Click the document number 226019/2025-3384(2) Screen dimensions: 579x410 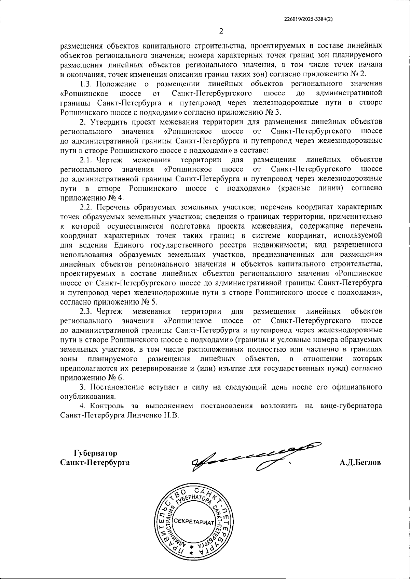point(309,19)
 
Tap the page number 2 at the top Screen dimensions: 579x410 point(221,31)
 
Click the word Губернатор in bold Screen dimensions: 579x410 point(95,453)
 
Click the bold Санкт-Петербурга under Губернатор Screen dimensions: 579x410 point(95,463)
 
